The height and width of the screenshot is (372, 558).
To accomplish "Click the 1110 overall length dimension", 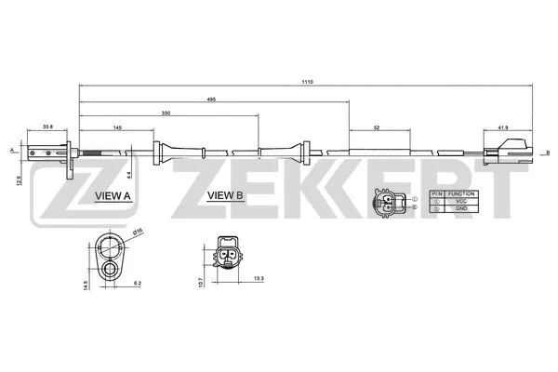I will [x=308, y=82].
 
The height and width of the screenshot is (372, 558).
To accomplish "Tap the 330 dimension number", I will [x=166, y=112].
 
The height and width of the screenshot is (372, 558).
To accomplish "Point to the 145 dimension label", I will [x=116, y=126].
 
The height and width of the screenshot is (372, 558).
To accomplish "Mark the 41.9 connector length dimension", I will [x=503, y=126].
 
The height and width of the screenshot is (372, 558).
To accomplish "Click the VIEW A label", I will [x=113, y=196].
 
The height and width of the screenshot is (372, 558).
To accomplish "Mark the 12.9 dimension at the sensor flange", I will [x=20, y=170].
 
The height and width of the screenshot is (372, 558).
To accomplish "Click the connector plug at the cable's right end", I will [x=511, y=146].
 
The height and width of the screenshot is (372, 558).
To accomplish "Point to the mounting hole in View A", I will [x=111, y=270].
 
